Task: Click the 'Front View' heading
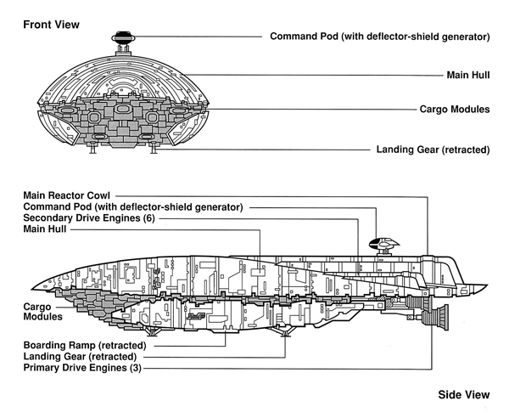[51, 25]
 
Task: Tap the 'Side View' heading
[464, 394]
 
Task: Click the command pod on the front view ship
[123, 37]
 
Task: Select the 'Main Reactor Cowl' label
[66, 195]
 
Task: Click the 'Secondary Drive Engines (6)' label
[89, 217]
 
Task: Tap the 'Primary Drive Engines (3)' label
[82, 368]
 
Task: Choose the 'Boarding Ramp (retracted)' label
[85, 345]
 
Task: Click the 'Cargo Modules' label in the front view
[455, 110]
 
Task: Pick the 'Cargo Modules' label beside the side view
[42, 312]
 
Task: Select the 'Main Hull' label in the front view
[468, 75]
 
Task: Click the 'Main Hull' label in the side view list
[45, 229]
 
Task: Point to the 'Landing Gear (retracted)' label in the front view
[433, 150]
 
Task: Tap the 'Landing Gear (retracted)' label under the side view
[80, 357]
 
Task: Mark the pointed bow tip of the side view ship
[31, 289]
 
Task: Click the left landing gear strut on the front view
[92, 148]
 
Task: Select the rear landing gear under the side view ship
[285, 332]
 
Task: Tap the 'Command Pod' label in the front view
[380, 37]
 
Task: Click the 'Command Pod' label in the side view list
[133, 206]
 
